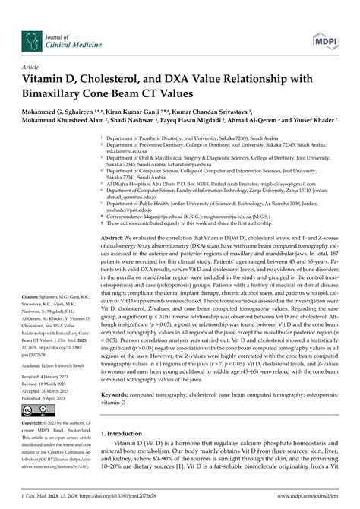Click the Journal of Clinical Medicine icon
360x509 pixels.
[x=31, y=20]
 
